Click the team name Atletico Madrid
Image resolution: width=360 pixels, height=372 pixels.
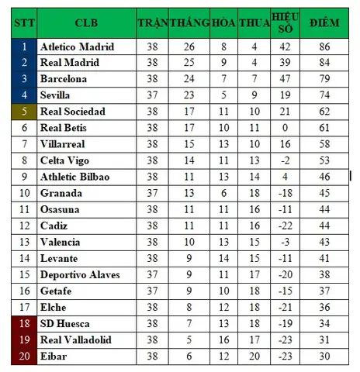(76, 46)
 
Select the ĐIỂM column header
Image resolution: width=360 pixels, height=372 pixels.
(324, 22)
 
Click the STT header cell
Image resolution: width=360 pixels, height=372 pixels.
(22, 22)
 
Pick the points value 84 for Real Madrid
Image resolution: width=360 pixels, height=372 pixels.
(324, 63)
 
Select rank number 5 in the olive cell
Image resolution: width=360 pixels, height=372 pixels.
(23, 112)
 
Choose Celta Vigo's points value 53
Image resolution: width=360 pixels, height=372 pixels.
(324, 160)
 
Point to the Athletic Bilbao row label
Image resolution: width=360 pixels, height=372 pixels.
(74, 177)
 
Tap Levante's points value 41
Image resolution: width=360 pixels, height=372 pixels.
(324, 258)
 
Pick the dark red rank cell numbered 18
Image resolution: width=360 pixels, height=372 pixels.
(23, 323)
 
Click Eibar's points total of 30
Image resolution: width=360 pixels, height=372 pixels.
(324, 356)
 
